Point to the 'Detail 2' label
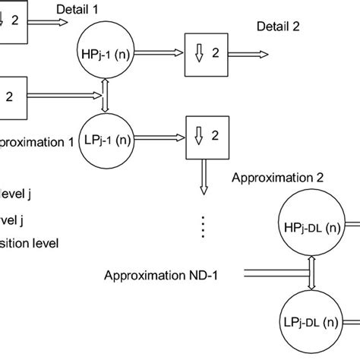(x=279, y=24)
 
